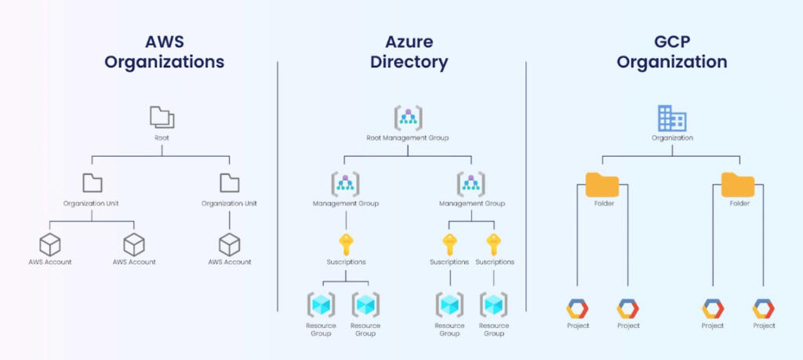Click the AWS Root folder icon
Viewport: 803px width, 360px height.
click(x=162, y=118)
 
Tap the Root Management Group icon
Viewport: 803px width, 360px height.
click(x=408, y=118)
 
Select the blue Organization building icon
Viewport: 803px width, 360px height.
click(x=671, y=118)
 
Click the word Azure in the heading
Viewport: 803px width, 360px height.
click(x=409, y=41)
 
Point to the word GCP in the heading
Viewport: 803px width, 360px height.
click(x=671, y=41)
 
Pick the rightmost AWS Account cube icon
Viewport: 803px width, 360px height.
click(x=229, y=244)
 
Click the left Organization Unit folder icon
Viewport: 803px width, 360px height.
click(x=93, y=184)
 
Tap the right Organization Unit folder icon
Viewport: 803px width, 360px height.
click(x=229, y=184)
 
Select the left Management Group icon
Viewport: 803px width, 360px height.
click(x=345, y=184)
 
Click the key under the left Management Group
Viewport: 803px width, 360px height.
click(x=345, y=243)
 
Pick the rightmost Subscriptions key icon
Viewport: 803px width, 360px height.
click(x=494, y=243)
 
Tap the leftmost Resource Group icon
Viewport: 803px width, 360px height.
click(x=321, y=304)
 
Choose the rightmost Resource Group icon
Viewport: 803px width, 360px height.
click(x=494, y=304)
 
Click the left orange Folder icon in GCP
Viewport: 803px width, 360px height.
click(x=601, y=184)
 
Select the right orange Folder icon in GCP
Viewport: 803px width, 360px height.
click(x=738, y=184)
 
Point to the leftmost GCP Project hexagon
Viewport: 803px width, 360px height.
click(x=577, y=308)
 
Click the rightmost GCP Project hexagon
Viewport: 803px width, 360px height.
click(x=763, y=308)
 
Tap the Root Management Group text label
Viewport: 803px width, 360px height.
click(x=408, y=138)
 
